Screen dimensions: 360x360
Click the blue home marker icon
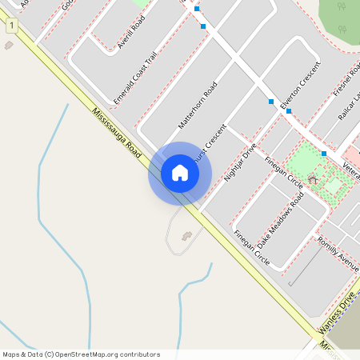180,173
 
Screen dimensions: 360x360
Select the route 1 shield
12,26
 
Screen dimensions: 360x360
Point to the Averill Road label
130,33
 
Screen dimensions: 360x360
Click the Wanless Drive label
336,314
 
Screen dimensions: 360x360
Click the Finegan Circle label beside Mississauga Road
251,248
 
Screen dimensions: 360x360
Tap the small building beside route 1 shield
9,45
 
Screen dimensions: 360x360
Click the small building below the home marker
186,236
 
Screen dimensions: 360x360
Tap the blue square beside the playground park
323,154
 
